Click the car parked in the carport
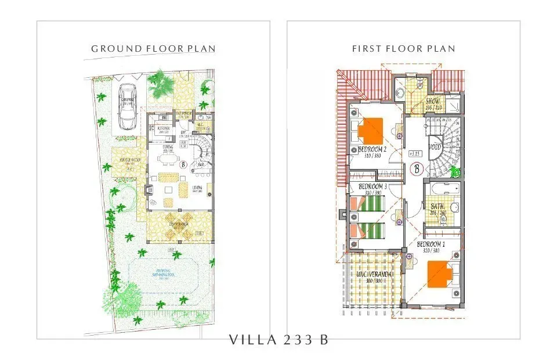pyautogui.click(x=127, y=106)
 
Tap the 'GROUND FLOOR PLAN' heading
pyautogui.click(x=153, y=49)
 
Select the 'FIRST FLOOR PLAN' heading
pyautogui.click(x=404, y=49)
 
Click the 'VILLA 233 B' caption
pyautogui.click(x=278, y=340)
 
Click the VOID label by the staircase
pyautogui.click(x=436, y=148)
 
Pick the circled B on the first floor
pyautogui.click(x=416, y=170)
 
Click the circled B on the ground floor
pyautogui.click(x=183, y=164)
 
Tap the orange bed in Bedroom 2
pyautogui.click(x=370, y=131)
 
